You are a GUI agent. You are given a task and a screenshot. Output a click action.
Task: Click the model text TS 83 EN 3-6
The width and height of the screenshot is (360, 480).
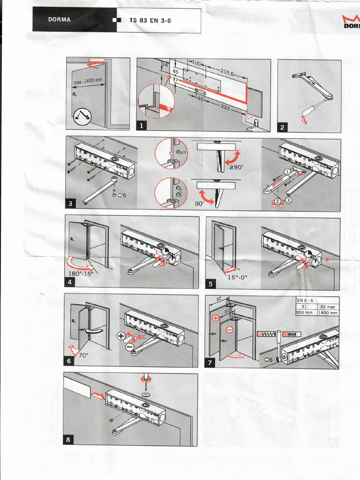[150, 21]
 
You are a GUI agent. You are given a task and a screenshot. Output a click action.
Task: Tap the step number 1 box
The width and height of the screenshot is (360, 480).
[142, 125]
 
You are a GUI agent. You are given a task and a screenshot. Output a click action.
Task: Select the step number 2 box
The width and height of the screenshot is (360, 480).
[283, 127]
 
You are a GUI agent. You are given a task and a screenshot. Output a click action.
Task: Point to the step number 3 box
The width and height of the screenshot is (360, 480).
[71, 203]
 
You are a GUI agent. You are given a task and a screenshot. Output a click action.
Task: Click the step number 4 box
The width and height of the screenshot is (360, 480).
[69, 282]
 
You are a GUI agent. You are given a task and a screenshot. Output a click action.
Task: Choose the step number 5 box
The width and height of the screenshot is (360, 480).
[210, 284]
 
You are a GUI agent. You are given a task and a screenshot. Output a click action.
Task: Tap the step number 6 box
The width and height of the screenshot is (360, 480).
[68, 361]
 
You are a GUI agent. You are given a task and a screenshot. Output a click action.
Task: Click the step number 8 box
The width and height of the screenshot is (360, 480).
[68, 440]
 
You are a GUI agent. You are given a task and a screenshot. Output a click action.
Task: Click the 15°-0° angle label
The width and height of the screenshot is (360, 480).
[237, 277]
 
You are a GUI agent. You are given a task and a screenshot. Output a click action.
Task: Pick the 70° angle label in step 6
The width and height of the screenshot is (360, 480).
[83, 355]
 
